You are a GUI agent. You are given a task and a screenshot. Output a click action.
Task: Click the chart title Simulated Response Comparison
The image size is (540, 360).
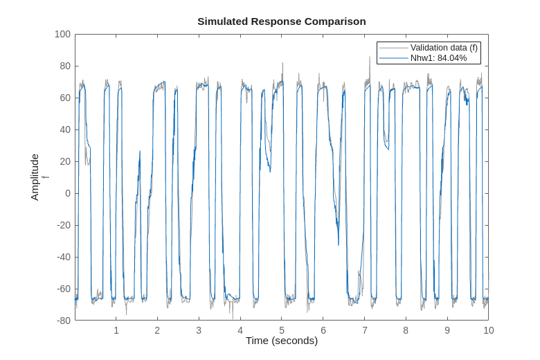(x=281, y=21)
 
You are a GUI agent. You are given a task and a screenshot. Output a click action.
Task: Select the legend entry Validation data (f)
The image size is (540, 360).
(x=444, y=48)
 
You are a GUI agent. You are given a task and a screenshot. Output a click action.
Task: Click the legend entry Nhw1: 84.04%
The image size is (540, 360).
(x=438, y=58)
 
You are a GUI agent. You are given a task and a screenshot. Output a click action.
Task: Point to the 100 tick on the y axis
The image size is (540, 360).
(x=62, y=34)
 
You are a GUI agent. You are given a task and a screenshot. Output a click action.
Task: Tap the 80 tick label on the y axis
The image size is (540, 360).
(x=65, y=66)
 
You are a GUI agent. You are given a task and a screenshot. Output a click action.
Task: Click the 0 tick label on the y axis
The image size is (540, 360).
(x=68, y=193)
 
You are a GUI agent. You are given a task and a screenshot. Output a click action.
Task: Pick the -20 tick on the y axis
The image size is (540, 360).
(x=63, y=225)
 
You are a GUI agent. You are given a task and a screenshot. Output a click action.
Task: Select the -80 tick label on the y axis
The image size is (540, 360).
(x=63, y=321)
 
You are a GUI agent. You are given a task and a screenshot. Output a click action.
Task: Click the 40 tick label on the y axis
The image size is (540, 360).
(x=65, y=129)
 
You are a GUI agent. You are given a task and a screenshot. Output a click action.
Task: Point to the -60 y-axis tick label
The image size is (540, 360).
(x=63, y=289)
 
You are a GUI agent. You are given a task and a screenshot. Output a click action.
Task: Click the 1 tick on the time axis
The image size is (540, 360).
(x=116, y=330)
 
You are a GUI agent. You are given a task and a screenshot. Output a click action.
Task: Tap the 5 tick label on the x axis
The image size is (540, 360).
(x=282, y=330)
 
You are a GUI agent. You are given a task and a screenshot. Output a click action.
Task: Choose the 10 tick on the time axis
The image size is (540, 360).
(x=488, y=330)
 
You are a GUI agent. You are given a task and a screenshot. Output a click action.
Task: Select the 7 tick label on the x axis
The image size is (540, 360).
(x=364, y=330)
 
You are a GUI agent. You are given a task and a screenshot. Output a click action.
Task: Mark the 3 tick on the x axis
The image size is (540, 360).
(x=199, y=330)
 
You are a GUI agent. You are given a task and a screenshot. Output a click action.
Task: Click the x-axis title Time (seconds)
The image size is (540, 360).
(x=281, y=341)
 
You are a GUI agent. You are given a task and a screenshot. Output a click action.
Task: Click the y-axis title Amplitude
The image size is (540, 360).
(x=35, y=177)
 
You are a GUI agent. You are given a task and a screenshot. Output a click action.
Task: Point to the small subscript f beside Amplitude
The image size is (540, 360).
(x=46, y=177)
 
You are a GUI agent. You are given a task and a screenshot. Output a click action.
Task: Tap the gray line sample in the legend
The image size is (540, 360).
(x=393, y=48)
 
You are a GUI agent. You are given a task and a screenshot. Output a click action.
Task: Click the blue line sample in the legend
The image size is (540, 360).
(x=393, y=58)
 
